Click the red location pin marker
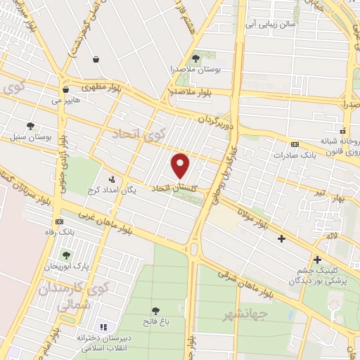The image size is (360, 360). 181,165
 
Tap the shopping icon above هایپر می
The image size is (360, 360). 65,90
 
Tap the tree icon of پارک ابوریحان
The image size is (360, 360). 67,255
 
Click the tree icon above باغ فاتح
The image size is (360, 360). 155,310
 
